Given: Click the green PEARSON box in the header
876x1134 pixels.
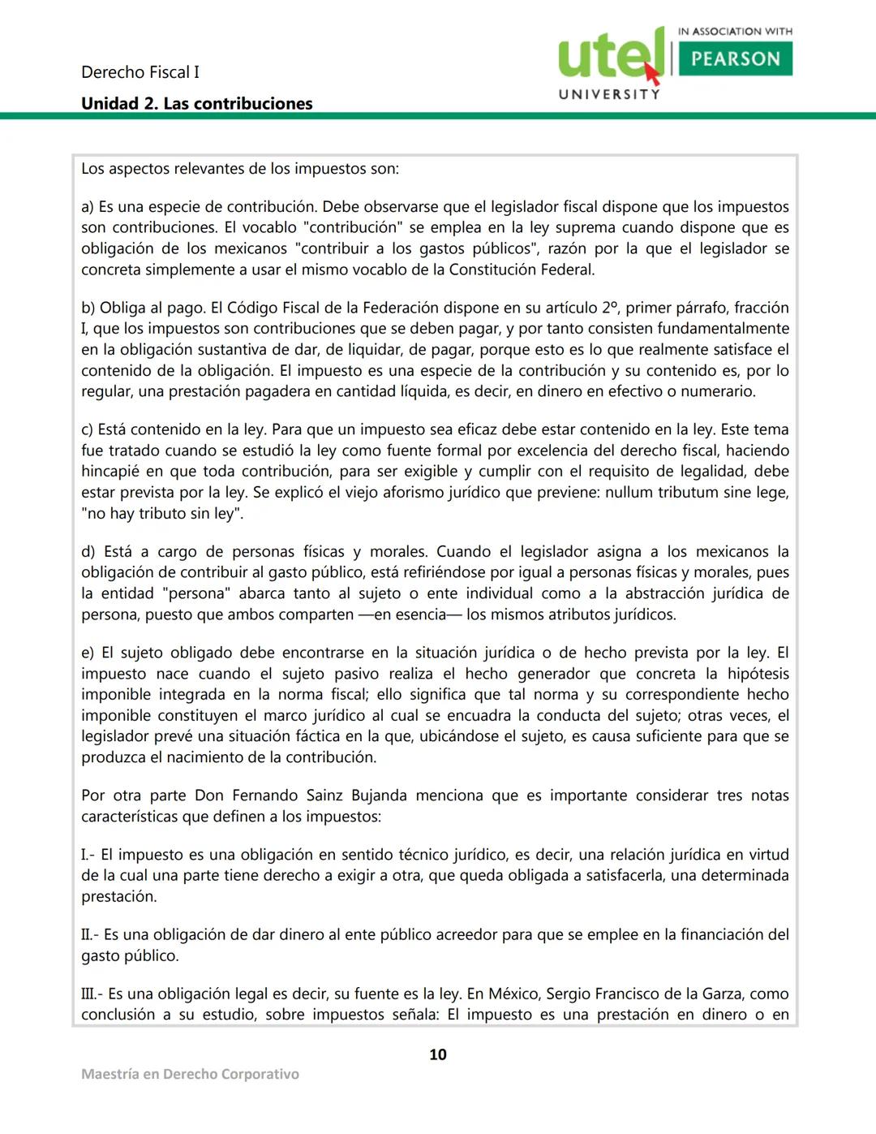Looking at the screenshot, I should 735,58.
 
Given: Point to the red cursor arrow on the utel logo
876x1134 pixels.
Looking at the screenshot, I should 652,74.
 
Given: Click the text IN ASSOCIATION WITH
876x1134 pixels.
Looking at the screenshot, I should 735,31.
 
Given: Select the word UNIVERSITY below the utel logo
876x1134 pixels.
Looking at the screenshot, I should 609,94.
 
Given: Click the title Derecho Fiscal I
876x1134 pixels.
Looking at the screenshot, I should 140,72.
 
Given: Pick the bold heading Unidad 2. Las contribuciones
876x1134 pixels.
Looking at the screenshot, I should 196,103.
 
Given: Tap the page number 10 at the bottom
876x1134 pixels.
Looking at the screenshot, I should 438,1054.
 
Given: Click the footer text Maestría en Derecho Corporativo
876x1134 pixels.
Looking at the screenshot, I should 190,1074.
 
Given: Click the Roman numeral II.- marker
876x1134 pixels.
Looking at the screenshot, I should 90,934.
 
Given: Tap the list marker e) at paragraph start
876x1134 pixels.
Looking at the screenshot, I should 88,653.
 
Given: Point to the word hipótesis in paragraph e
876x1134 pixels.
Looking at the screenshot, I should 758,674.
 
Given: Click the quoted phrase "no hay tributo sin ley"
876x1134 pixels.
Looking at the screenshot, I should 162,514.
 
